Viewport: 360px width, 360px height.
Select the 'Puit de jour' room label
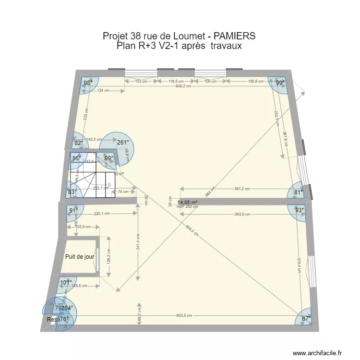[80, 257]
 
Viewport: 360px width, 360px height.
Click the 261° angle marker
[122, 142]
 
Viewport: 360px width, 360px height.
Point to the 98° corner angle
[88, 83]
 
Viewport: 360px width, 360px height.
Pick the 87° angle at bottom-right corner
[306, 318]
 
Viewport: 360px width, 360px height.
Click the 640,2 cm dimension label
[183, 86]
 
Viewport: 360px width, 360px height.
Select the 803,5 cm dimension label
[184, 315]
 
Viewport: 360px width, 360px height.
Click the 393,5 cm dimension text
[242, 215]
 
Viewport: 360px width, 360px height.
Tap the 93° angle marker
[299, 210]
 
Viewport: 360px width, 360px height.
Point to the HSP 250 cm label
[187, 207]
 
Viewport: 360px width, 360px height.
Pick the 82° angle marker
[79, 143]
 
